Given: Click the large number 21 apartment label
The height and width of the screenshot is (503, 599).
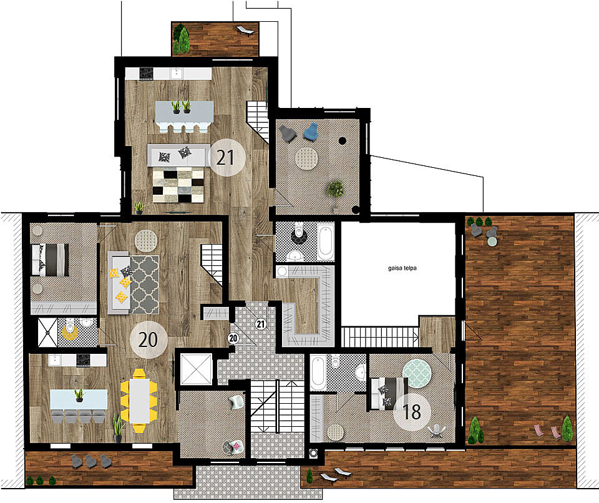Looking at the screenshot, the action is pos(225,157).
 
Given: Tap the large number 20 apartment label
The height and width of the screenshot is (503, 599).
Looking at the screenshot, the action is pos(148,339).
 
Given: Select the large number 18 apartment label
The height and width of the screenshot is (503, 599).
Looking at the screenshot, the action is pos(412,412).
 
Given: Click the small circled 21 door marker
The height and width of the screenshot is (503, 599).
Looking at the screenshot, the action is pos(261,325).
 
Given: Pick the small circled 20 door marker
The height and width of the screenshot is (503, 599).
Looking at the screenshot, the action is pos(233,338).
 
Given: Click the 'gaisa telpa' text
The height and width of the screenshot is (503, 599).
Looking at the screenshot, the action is pos(402,268).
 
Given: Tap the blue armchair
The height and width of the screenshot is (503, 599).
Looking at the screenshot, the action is pos(311,132).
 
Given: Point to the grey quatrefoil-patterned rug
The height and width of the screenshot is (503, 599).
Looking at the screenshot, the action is pos(144,285).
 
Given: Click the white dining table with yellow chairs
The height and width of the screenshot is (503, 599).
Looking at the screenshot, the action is pos(139,401).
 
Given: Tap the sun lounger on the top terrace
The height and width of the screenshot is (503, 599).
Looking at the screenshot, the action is pos(245,31).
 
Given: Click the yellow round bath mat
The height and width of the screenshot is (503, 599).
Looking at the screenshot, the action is pos(71,332).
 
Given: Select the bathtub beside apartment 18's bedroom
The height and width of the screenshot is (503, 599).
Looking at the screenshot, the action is pos(318,373).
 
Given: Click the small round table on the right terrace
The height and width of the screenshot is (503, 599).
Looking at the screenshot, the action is pos(492,242).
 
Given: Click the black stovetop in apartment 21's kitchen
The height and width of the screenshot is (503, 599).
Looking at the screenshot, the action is pos(146,74).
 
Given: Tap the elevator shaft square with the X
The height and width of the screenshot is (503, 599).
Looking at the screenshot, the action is pos(196,369).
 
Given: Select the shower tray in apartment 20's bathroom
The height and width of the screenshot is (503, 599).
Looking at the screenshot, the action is pos(47,333).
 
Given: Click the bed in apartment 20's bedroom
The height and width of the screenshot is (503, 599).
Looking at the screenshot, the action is pos(50,260).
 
